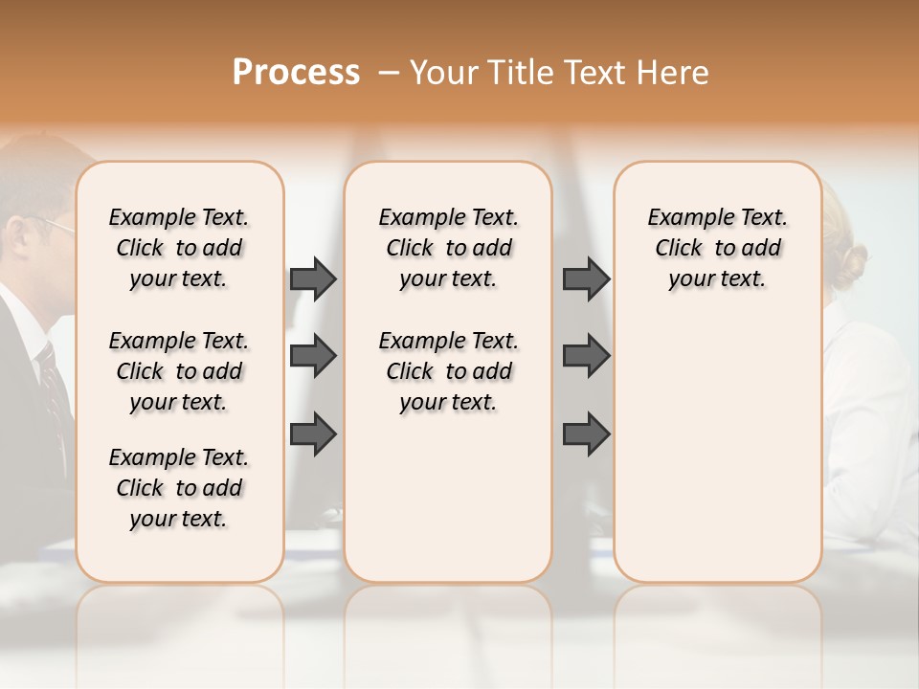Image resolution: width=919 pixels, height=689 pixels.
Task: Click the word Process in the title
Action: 296,73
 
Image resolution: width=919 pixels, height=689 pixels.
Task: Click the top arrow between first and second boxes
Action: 313,278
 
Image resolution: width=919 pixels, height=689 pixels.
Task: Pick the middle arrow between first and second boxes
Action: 313,356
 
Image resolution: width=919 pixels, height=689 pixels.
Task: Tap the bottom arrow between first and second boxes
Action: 313,433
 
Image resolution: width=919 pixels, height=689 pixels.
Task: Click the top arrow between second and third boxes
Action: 586,278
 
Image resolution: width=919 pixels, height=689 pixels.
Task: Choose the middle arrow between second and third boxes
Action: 586,356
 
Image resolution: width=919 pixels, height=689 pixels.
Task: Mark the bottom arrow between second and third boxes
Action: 586,433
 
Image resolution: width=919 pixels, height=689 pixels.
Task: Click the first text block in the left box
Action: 179,248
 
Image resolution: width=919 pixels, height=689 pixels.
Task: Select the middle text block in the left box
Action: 179,371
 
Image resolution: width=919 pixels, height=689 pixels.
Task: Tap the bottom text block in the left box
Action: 179,488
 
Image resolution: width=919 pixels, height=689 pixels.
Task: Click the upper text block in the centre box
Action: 448,248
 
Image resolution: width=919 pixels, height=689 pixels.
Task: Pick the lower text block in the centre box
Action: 448,371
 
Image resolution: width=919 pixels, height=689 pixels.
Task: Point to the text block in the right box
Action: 717,248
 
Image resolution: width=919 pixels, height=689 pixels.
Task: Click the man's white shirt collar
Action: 34,330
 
